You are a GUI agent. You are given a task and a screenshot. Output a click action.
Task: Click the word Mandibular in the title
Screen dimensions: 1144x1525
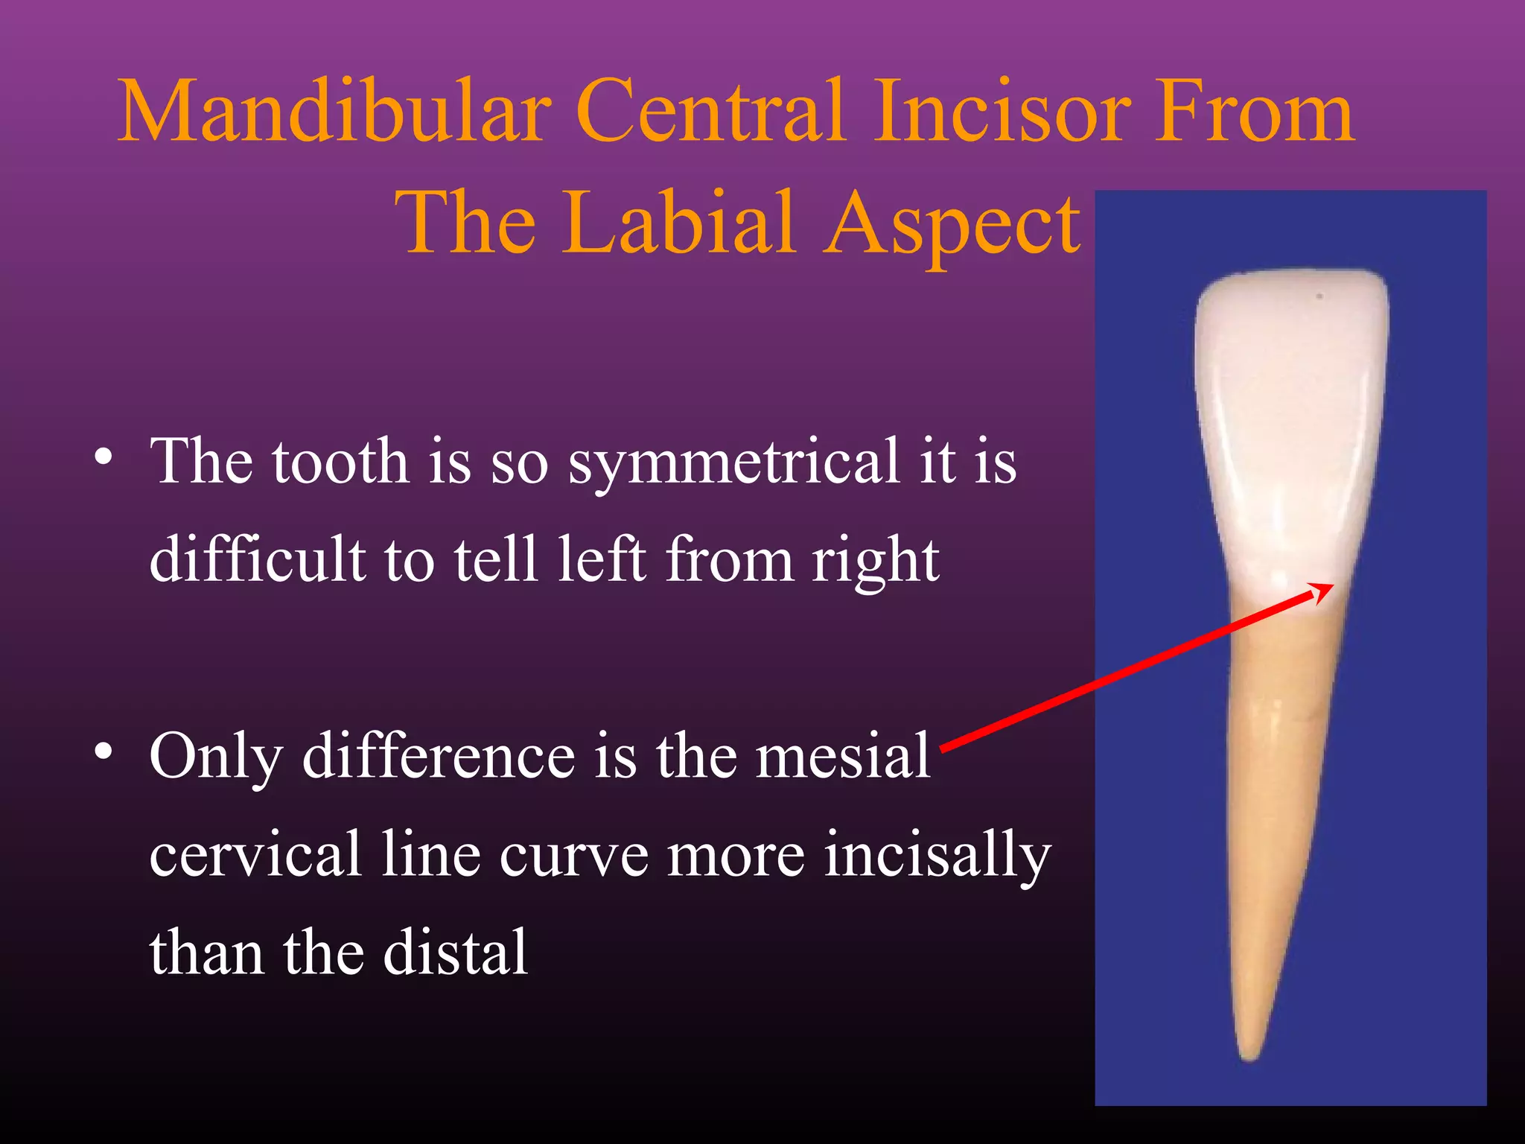pyautogui.click(x=334, y=112)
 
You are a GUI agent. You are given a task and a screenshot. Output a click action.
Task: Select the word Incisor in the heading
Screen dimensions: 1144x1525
pyautogui.click(x=997, y=112)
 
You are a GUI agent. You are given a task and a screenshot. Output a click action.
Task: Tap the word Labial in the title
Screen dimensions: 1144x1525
pyautogui.click(x=679, y=223)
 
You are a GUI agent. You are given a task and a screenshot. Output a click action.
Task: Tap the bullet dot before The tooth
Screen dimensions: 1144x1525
pyautogui.click(x=104, y=457)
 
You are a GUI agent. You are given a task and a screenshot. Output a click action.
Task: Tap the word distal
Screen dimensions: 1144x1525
pyautogui.click(x=455, y=953)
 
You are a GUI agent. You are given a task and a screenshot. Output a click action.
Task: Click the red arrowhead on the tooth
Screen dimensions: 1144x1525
pyautogui.click(x=1322, y=592)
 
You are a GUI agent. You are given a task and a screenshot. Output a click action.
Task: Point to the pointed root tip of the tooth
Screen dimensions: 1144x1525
pyautogui.click(x=1250, y=1053)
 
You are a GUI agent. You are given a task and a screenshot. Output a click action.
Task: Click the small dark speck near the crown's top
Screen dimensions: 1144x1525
pyautogui.click(x=1319, y=296)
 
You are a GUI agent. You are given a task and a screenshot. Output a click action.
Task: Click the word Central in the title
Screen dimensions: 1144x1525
pyautogui.click(x=710, y=112)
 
